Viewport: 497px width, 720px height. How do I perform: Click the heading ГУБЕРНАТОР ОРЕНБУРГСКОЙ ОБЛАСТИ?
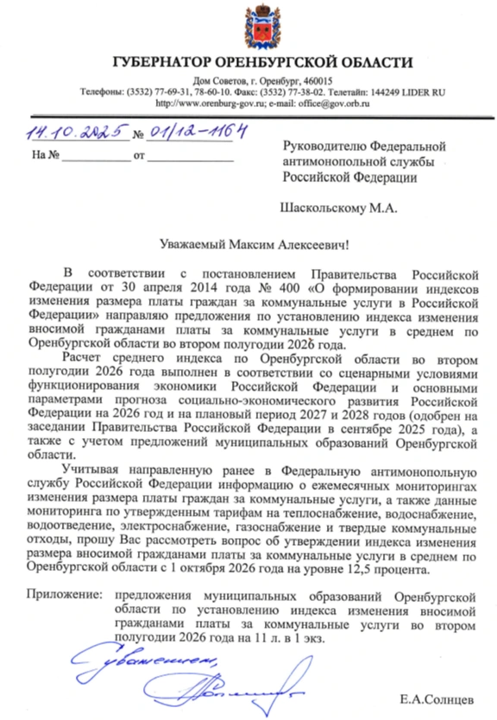click(262, 62)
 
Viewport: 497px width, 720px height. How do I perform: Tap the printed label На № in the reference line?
click(44, 156)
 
